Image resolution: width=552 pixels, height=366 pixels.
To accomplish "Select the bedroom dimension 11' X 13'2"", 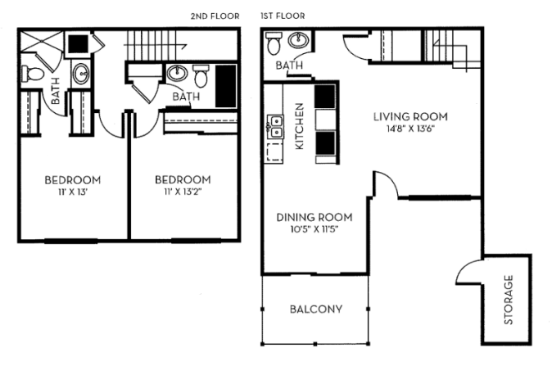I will coord(183,193).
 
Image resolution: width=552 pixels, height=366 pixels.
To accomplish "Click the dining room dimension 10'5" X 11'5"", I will coord(314,230).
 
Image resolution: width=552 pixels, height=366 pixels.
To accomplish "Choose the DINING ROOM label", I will coord(314,217).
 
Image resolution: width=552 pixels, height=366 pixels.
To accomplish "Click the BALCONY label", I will coord(315,310).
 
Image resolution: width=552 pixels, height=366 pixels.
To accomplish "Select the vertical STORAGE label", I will coord(509,300).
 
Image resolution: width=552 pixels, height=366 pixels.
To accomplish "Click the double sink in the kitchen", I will coord(275,128).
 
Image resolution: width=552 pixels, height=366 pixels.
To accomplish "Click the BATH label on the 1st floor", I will coord(287,66).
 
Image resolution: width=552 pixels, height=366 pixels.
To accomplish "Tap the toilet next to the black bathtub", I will coord(201,78).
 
